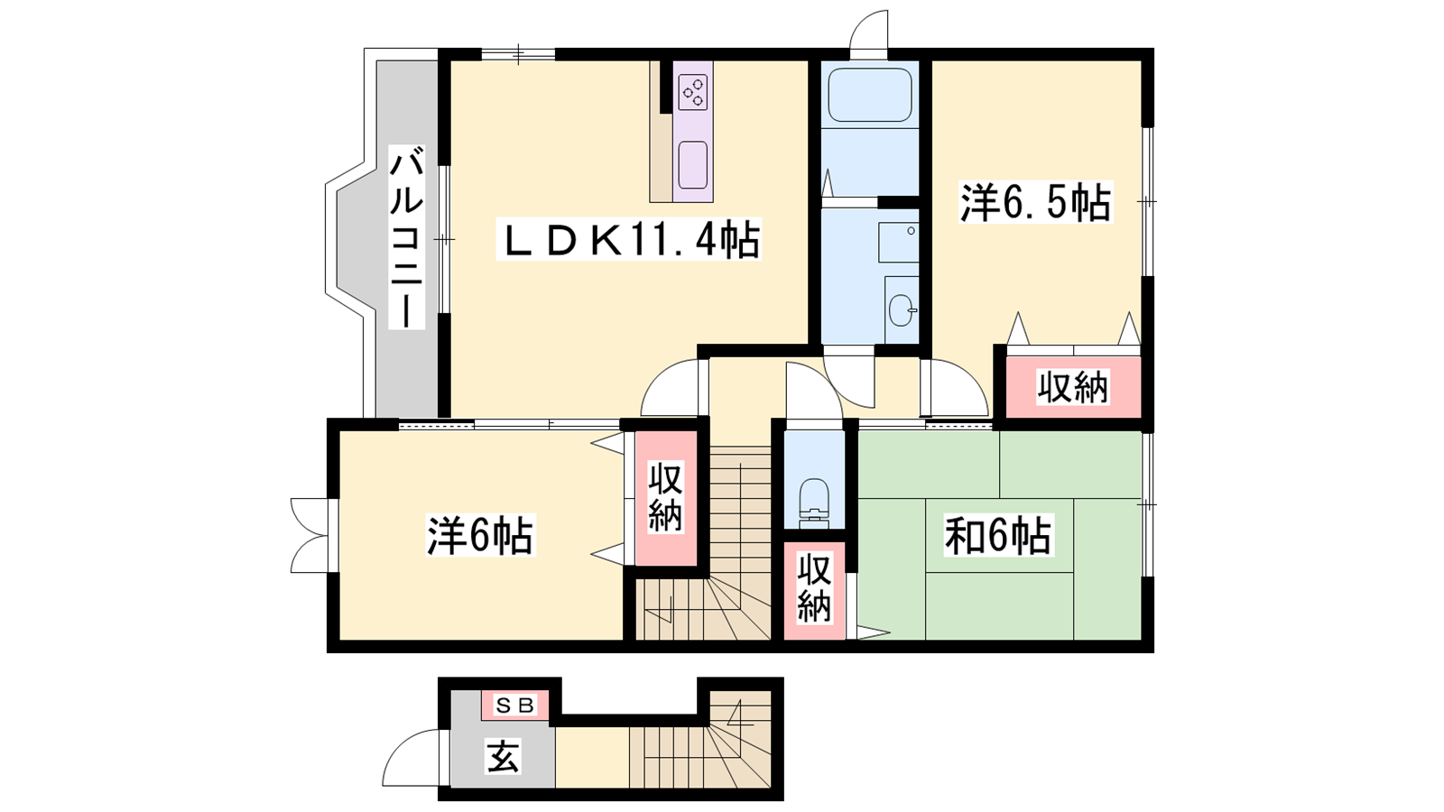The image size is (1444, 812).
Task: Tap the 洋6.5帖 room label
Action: pyautogui.click(x=1036, y=202)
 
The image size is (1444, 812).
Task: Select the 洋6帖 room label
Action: pyautogui.click(x=480, y=536)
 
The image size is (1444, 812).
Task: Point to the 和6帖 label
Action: pyautogui.click(x=998, y=535)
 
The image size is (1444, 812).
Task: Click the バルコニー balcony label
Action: pyautogui.click(x=407, y=238)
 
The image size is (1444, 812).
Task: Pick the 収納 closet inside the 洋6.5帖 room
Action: pyautogui.click(x=1073, y=387)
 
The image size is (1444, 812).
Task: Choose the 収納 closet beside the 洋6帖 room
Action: pyautogui.click(x=666, y=498)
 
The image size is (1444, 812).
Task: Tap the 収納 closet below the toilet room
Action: pyautogui.click(x=814, y=591)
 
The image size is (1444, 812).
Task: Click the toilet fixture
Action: pyautogui.click(x=814, y=503)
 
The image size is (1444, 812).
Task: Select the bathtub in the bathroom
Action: pyautogui.click(x=870, y=96)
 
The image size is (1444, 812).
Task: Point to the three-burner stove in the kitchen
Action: pyautogui.click(x=693, y=92)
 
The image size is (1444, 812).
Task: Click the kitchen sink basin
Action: pyautogui.click(x=693, y=165)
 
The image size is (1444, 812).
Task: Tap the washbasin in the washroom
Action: pyautogui.click(x=902, y=310)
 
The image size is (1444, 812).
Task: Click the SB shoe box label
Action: pyautogui.click(x=515, y=706)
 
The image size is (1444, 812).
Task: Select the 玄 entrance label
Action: pyautogui.click(x=503, y=757)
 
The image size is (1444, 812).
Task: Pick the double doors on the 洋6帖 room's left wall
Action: pyautogui.click(x=310, y=535)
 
